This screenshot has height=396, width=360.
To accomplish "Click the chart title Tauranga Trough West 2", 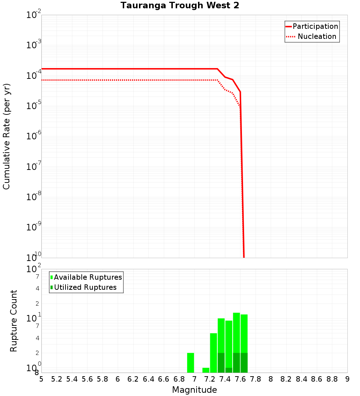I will (x=180, y=5).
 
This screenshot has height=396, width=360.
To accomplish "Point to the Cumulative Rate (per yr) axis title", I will (x=6, y=136).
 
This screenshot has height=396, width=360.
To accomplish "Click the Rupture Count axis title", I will (x=14, y=320).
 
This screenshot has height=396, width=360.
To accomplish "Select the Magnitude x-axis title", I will (x=194, y=390).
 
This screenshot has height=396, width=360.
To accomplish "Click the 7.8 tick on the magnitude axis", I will (x=256, y=379).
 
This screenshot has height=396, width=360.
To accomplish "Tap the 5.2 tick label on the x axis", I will (x=57, y=379).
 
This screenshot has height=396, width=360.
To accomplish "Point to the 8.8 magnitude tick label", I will (x=332, y=379).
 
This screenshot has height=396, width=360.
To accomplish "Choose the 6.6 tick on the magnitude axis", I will (x=164, y=379).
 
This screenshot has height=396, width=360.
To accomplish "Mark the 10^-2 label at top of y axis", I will (x=34, y=15).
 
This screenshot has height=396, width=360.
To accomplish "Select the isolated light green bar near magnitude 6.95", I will (x=190, y=363).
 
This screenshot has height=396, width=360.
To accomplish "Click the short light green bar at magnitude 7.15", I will (x=206, y=370).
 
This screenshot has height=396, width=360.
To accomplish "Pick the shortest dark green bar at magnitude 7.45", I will (x=229, y=370).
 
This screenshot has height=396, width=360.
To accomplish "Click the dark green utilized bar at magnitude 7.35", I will (x=221, y=363).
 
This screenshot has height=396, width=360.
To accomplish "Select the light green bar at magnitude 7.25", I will (x=213, y=353).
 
